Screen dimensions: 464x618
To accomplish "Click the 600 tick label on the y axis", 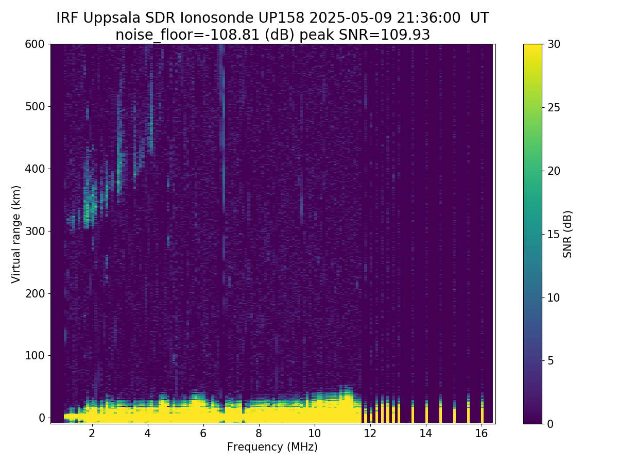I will [x=35, y=44].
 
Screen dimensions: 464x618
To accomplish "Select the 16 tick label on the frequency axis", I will [x=481, y=434].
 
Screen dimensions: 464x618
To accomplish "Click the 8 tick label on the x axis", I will [x=259, y=434].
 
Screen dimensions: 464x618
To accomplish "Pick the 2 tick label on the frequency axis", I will [x=92, y=434].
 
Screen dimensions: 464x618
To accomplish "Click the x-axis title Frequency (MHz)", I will [x=272, y=447].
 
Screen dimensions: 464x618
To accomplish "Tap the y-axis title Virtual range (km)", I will [x=16, y=234].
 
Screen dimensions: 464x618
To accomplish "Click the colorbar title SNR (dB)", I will [x=568, y=234].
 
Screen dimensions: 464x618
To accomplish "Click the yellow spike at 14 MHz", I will [x=426, y=414].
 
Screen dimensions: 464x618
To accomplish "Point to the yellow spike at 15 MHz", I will [x=454, y=415].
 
